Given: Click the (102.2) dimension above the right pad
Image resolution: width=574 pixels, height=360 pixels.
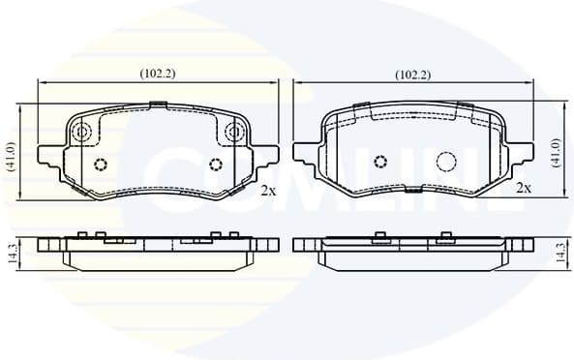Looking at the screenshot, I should (x=413, y=75).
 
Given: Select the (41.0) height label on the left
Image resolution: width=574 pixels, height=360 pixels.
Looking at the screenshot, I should (x=11, y=156).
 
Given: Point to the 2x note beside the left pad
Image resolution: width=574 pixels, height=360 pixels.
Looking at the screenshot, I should (x=268, y=191).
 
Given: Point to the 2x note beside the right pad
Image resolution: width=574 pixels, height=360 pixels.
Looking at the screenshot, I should (x=524, y=188).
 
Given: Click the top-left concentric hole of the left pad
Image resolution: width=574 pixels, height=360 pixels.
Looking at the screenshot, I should (x=81, y=132).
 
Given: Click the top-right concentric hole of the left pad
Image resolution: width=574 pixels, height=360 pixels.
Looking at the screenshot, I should (x=233, y=132).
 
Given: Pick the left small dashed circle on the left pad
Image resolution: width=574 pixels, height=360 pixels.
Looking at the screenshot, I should (x=100, y=163).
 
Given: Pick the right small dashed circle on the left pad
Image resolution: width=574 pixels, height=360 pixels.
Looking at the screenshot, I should (x=215, y=163).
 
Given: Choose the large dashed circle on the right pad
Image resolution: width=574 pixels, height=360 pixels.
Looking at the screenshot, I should (x=446, y=162).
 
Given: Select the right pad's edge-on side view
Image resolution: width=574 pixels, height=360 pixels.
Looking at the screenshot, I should (x=413, y=248).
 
